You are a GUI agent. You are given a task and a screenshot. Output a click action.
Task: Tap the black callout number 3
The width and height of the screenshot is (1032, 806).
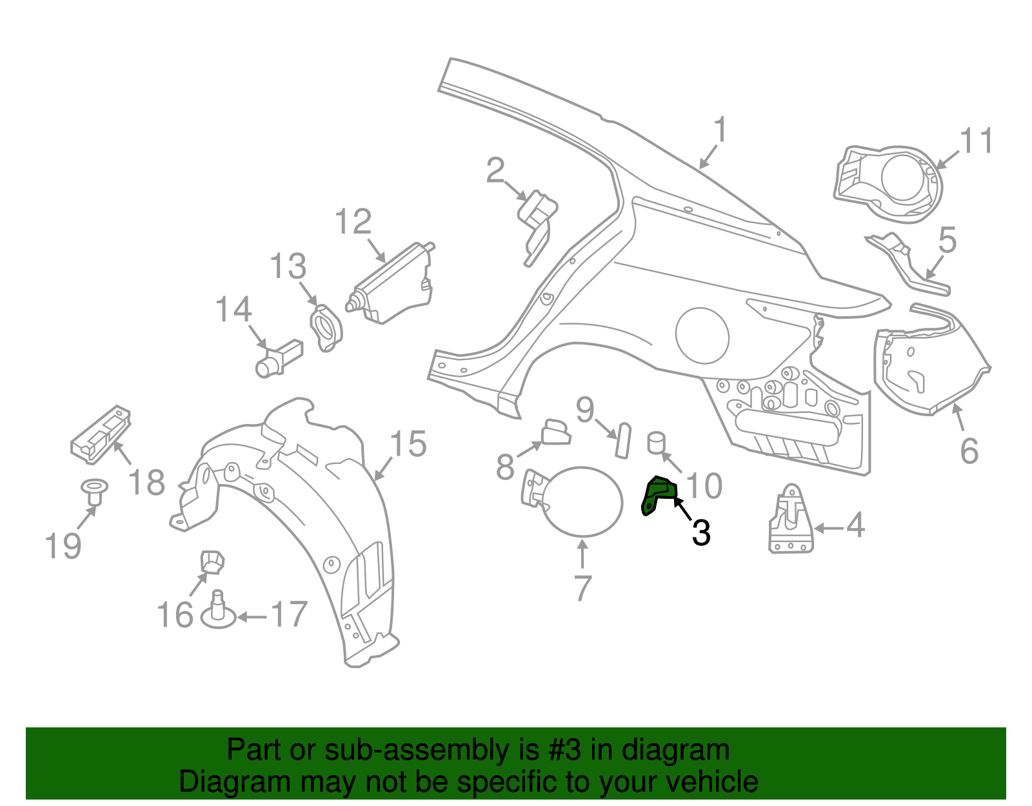tap(701, 533)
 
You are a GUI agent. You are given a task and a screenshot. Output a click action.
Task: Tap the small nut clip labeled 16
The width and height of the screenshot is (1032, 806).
tap(212, 562)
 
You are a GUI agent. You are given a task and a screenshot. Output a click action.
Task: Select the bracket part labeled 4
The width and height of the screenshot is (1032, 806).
tap(791, 520)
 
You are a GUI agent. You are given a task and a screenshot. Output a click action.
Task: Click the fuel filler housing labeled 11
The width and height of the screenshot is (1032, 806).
tap(888, 183)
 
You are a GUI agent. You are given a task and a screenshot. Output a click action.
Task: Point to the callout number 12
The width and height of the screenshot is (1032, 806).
tap(353, 222)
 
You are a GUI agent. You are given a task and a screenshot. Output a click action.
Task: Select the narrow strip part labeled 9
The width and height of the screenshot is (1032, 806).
tap(623, 440)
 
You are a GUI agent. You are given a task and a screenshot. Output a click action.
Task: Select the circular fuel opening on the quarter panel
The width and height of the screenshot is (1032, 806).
tap(702, 336)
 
